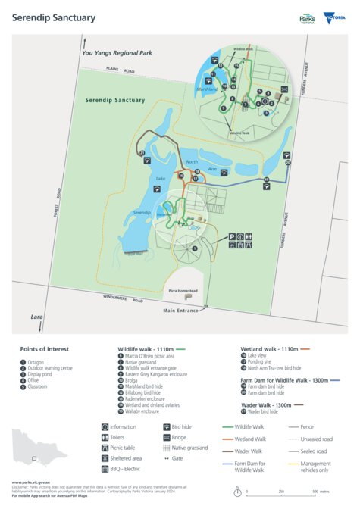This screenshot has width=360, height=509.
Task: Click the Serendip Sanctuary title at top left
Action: click(x=43, y=17)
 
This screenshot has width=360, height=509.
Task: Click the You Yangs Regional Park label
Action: click(x=117, y=53)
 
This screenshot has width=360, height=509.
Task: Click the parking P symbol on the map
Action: click(x=229, y=236)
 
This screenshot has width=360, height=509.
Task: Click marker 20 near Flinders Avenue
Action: click(x=288, y=163)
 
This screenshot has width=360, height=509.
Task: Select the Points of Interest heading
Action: click(x=44, y=349)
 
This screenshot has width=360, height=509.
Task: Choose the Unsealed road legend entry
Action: click(x=311, y=438)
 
